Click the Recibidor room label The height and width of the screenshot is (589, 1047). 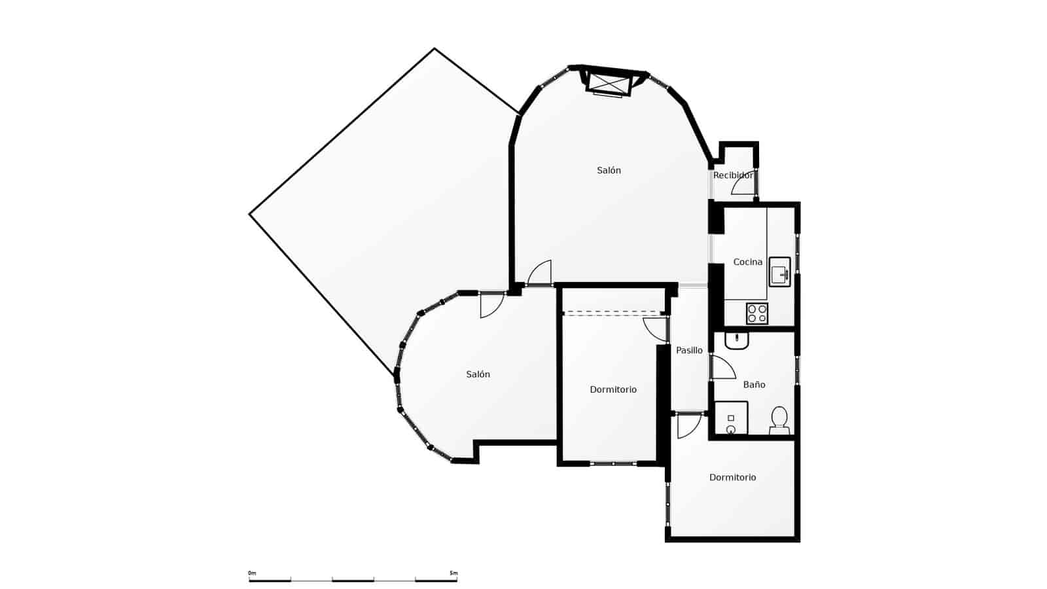click(x=733, y=175)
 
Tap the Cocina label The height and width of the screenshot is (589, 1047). click(x=747, y=262)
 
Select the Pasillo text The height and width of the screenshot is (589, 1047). click(x=689, y=351)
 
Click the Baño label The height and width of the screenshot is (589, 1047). click(x=754, y=385)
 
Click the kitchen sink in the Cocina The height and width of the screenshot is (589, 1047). click(x=779, y=271)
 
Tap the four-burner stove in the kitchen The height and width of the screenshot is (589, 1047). click(x=757, y=313)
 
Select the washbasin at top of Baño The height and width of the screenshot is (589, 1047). click(x=737, y=340)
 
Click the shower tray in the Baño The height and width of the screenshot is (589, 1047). click(x=731, y=418)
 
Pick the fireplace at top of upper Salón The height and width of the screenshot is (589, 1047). click(x=609, y=83)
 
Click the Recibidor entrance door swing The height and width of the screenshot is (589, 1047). click(x=743, y=187)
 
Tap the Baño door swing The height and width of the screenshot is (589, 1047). click(x=722, y=368)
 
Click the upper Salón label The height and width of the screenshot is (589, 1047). click(x=609, y=170)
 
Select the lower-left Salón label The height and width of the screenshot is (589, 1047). click(x=478, y=374)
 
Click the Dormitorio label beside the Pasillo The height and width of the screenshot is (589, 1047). click(x=613, y=389)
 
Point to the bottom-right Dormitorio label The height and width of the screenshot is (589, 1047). click(x=732, y=478)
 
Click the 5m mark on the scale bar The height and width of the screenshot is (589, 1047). click(x=453, y=573)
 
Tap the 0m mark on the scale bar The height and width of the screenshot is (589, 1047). click(x=252, y=573)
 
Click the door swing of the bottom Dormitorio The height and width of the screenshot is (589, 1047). click(x=688, y=426)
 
